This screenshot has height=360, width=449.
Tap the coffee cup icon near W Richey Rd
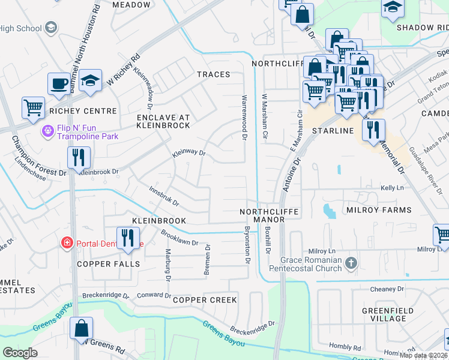point(59,84)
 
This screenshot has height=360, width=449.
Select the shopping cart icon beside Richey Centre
point(34,108)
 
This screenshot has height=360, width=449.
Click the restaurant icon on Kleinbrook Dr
point(79,157)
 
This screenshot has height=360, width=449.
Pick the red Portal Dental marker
point(67,242)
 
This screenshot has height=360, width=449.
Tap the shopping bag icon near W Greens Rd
point(81,329)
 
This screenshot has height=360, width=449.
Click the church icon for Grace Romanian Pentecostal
point(352,263)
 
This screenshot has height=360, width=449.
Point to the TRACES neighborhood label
point(213,74)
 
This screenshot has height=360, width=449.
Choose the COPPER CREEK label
point(205,299)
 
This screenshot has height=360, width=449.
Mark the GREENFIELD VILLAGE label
point(384,314)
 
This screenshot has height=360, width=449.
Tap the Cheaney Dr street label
point(387,289)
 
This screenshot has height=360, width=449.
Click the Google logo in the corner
point(20,353)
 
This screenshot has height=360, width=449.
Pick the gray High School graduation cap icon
point(50,28)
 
